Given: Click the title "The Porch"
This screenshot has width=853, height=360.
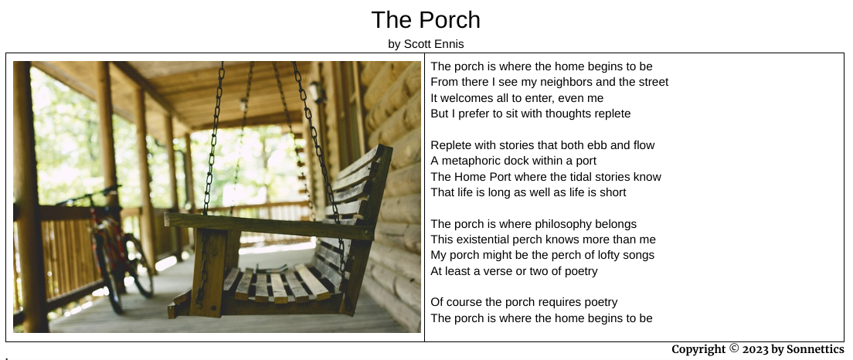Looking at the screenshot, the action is [426, 20].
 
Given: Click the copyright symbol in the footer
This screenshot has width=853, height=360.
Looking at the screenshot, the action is [734, 348].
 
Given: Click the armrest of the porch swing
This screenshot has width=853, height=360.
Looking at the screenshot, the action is [270, 226].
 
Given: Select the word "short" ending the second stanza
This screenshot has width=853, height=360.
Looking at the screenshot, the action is [613, 192].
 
